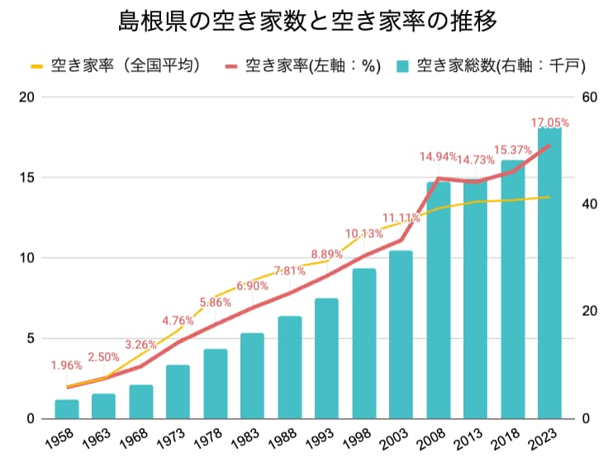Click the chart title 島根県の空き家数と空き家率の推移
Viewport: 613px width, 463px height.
[306, 20]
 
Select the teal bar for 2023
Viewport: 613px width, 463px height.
[549, 273]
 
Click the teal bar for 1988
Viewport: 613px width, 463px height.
[290, 367]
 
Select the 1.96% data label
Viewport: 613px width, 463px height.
[66, 365]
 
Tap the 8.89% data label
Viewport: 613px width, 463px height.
[327, 253]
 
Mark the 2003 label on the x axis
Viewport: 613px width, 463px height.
[398, 436]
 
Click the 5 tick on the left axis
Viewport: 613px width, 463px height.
[30, 338]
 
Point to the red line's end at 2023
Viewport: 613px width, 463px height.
[549, 146]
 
